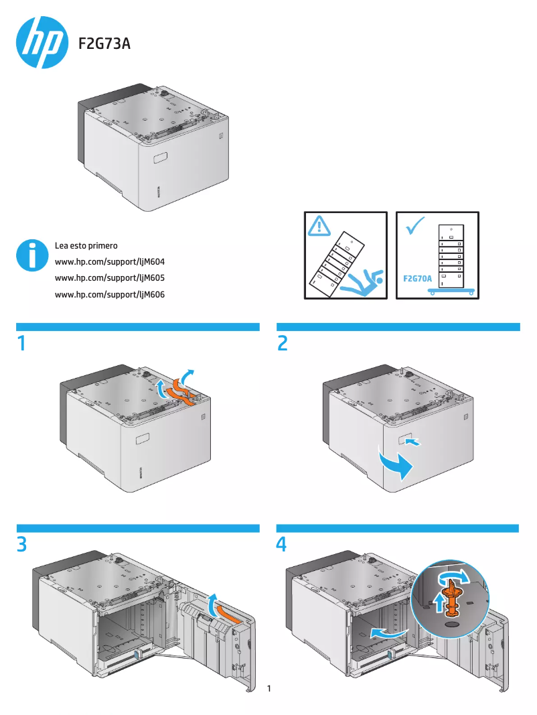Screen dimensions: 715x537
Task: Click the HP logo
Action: click(42, 43)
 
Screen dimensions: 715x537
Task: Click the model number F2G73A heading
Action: click(104, 44)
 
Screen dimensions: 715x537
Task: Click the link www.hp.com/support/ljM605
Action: click(109, 277)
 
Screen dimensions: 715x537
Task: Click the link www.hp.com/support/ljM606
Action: click(109, 294)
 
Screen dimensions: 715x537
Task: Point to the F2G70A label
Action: click(417, 277)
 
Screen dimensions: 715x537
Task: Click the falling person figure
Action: click(362, 283)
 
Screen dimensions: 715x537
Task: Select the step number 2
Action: click(283, 344)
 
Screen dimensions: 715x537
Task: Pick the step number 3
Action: click(22, 545)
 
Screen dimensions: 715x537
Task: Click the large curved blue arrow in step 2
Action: click(393, 464)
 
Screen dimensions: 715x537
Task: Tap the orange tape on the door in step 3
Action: click(227, 612)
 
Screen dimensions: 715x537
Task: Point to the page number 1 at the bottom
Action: click(268, 688)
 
